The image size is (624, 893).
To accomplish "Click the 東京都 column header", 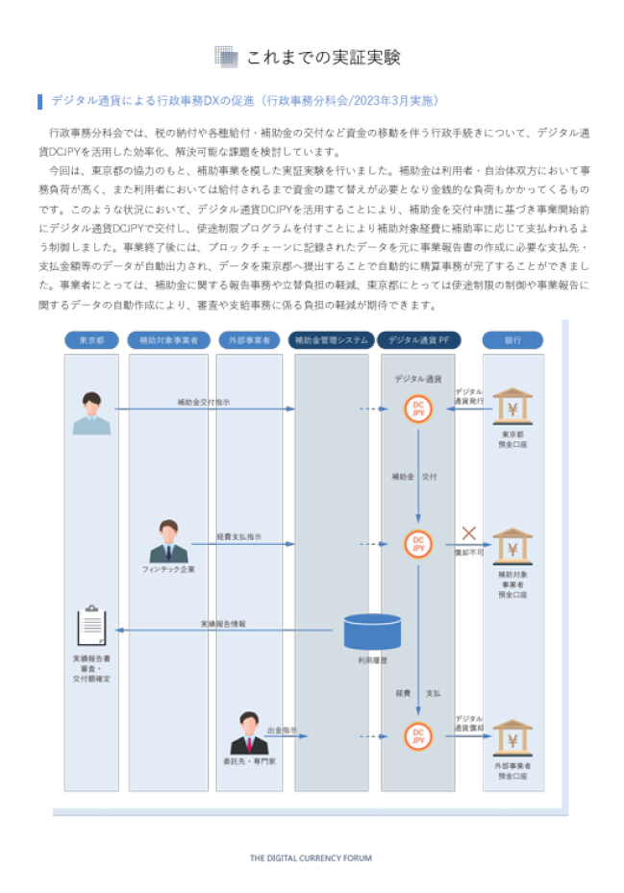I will (x=91, y=340).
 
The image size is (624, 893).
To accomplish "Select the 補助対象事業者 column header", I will (x=169, y=340).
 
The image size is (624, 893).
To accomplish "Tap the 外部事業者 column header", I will (x=249, y=340).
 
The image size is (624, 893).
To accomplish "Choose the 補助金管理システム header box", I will (x=331, y=340).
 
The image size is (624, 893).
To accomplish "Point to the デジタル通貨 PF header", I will (x=418, y=340).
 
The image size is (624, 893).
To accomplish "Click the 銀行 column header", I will (x=512, y=340).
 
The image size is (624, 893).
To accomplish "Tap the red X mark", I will (x=469, y=533).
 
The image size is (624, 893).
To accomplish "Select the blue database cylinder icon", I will (x=373, y=631).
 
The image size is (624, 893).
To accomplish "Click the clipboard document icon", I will (x=92, y=627).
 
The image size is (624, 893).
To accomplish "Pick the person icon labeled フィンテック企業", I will (x=168, y=543).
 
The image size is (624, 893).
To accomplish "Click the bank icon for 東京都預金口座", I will (x=512, y=408).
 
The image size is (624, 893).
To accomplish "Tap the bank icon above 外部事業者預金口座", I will (x=512, y=738).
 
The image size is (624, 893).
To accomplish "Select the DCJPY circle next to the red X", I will (x=418, y=544).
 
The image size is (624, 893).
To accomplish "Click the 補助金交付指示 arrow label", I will (x=203, y=403).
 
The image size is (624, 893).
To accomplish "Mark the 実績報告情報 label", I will (x=223, y=624).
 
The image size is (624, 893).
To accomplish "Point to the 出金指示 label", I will (x=282, y=730).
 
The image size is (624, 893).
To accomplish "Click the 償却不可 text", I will (x=469, y=552).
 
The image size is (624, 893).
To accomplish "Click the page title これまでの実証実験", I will (x=323, y=58).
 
